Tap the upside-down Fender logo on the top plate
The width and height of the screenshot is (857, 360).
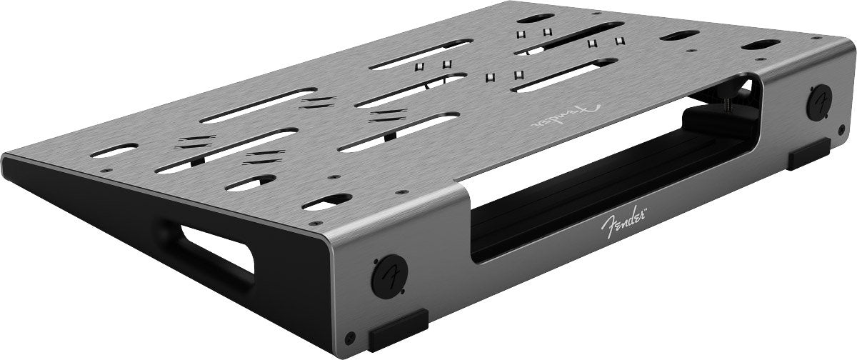click(564, 112)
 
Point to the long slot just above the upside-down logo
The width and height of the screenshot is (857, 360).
click(563, 74)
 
